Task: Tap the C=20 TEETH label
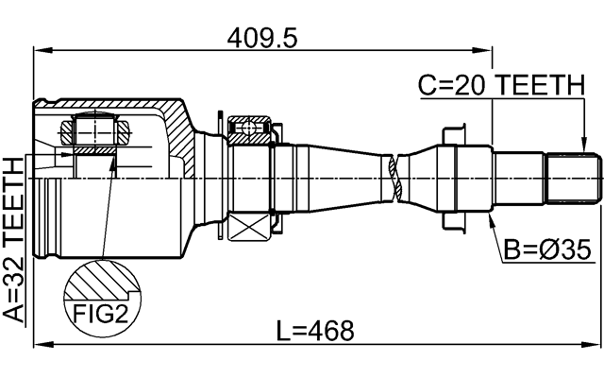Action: point(501,86)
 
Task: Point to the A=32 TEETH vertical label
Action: point(13,240)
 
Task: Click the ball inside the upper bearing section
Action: point(250,126)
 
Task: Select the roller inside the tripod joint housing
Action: point(95,127)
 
